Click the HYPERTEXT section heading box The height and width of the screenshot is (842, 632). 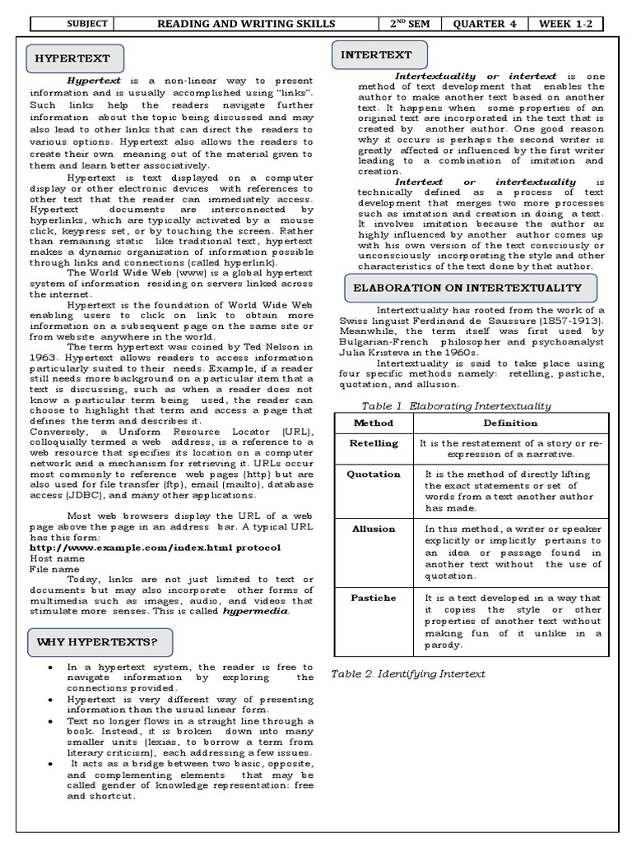pyautogui.click(x=76, y=59)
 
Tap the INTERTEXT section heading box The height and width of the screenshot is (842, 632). pyautogui.click(x=379, y=55)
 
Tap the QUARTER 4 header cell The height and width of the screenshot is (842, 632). pyautogui.click(x=485, y=23)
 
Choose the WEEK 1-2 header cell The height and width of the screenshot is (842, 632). pyautogui.click(x=565, y=23)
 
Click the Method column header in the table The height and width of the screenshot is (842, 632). pyautogui.click(x=373, y=423)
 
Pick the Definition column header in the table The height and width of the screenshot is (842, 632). pyautogui.click(x=510, y=423)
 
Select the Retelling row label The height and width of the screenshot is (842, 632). pyautogui.click(x=373, y=443)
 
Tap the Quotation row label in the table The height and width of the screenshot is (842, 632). pyautogui.click(x=373, y=474)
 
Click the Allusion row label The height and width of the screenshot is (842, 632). pyautogui.click(x=373, y=529)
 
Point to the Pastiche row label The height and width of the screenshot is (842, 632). pyautogui.click(x=373, y=598)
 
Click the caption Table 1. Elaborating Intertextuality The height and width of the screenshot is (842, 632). pyautogui.click(x=456, y=405)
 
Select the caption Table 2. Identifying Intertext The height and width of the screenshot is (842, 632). pyautogui.click(x=408, y=673)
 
